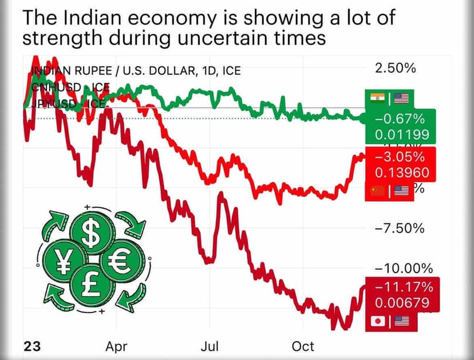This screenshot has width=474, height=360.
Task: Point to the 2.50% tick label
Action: point(395,69)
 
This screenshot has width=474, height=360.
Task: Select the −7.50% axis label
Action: point(399,228)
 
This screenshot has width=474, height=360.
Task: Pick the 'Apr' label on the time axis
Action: point(116,347)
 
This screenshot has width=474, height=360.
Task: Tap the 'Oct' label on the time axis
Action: point(303,347)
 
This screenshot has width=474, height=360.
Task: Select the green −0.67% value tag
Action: point(400,120)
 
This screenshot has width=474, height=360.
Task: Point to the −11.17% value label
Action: point(400,287)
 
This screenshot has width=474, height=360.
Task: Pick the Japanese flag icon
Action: point(377,321)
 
